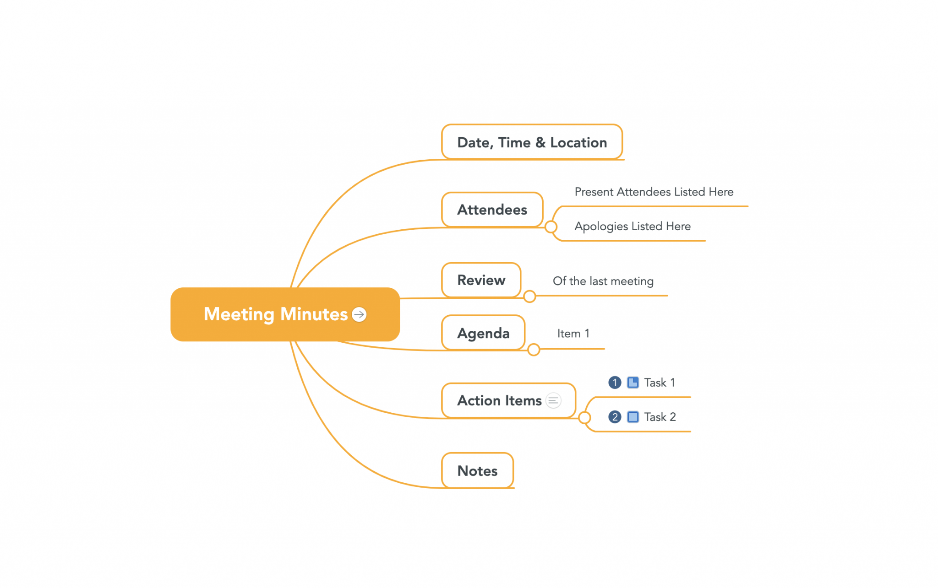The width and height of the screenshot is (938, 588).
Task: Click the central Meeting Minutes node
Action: [285, 314]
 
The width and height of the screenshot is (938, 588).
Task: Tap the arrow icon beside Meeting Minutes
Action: [359, 314]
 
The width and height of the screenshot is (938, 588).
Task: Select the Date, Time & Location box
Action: [532, 142]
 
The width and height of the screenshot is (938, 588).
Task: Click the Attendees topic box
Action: [492, 210]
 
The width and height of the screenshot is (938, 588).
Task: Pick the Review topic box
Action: [481, 280]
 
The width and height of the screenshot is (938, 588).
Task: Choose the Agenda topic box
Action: [483, 333]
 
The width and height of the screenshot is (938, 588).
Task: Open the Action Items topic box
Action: [508, 400]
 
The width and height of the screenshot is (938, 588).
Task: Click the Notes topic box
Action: [477, 470]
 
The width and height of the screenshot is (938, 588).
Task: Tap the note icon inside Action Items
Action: [553, 400]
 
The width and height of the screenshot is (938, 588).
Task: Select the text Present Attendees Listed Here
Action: [654, 192]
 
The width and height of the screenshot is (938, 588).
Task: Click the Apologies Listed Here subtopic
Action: [633, 226]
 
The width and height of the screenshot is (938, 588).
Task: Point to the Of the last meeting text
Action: [603, 281]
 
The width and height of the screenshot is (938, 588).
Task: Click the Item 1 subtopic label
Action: [573, 334]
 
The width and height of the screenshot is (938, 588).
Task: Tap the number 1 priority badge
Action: [615, 383]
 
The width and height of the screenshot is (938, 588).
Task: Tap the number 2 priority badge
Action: [615, 417]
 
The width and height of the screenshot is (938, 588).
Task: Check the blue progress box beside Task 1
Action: [633, 383]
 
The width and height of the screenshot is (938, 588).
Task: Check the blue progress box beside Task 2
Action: [633, 417]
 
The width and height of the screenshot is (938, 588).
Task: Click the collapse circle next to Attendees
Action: [551, 227]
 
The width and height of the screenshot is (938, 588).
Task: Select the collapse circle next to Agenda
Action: [534, 350]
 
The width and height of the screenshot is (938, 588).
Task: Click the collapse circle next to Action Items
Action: [584, 417]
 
